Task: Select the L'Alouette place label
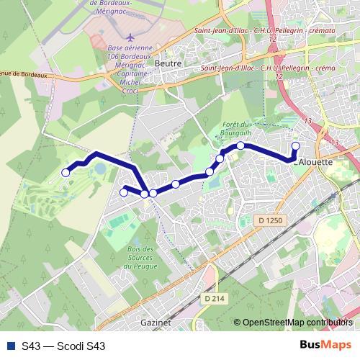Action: click(x=314, y=163)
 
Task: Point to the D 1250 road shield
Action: click(x=267, y=218)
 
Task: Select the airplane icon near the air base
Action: click(x=129, y=36)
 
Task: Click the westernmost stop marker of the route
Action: click(x=66, y=172)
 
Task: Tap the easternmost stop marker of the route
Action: click(x=294, y=147)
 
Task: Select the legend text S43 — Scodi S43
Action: click(x=63, y=346)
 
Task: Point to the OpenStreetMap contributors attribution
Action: click(x=297, y=323)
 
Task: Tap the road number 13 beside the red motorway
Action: click(x=309, y=121)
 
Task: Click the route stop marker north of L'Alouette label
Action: click(x=294, y=147)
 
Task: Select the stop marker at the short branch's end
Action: click(x=123, y=192)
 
